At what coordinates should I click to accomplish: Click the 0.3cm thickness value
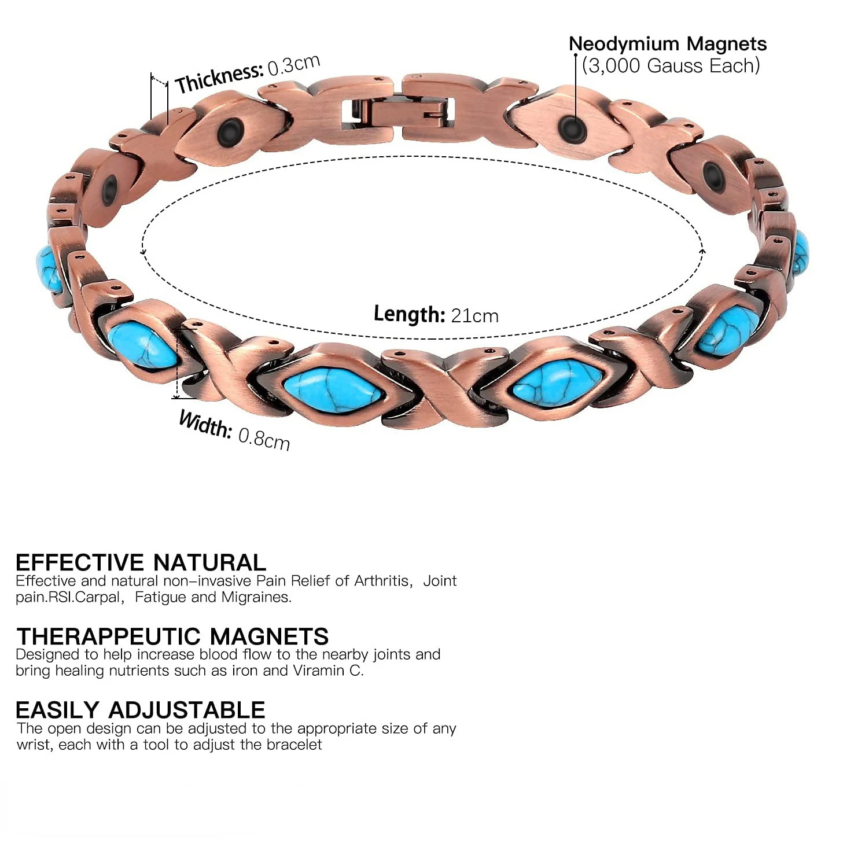coord(294,65)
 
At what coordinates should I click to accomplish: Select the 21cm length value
coord(474,316)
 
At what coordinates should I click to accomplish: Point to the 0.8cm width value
coord(264,438)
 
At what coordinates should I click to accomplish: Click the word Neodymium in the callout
coord(624,44)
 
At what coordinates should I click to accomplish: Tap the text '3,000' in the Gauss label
coord(616,65)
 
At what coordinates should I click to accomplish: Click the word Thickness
coord(219,78)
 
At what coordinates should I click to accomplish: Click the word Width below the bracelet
coord(205,425)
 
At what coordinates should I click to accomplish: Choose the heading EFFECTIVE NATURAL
coord(141,562)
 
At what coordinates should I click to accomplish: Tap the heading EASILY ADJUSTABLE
coord(141,710)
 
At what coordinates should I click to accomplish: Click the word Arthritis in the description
coord(381,580)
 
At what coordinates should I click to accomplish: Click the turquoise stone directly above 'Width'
coord(142,345)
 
